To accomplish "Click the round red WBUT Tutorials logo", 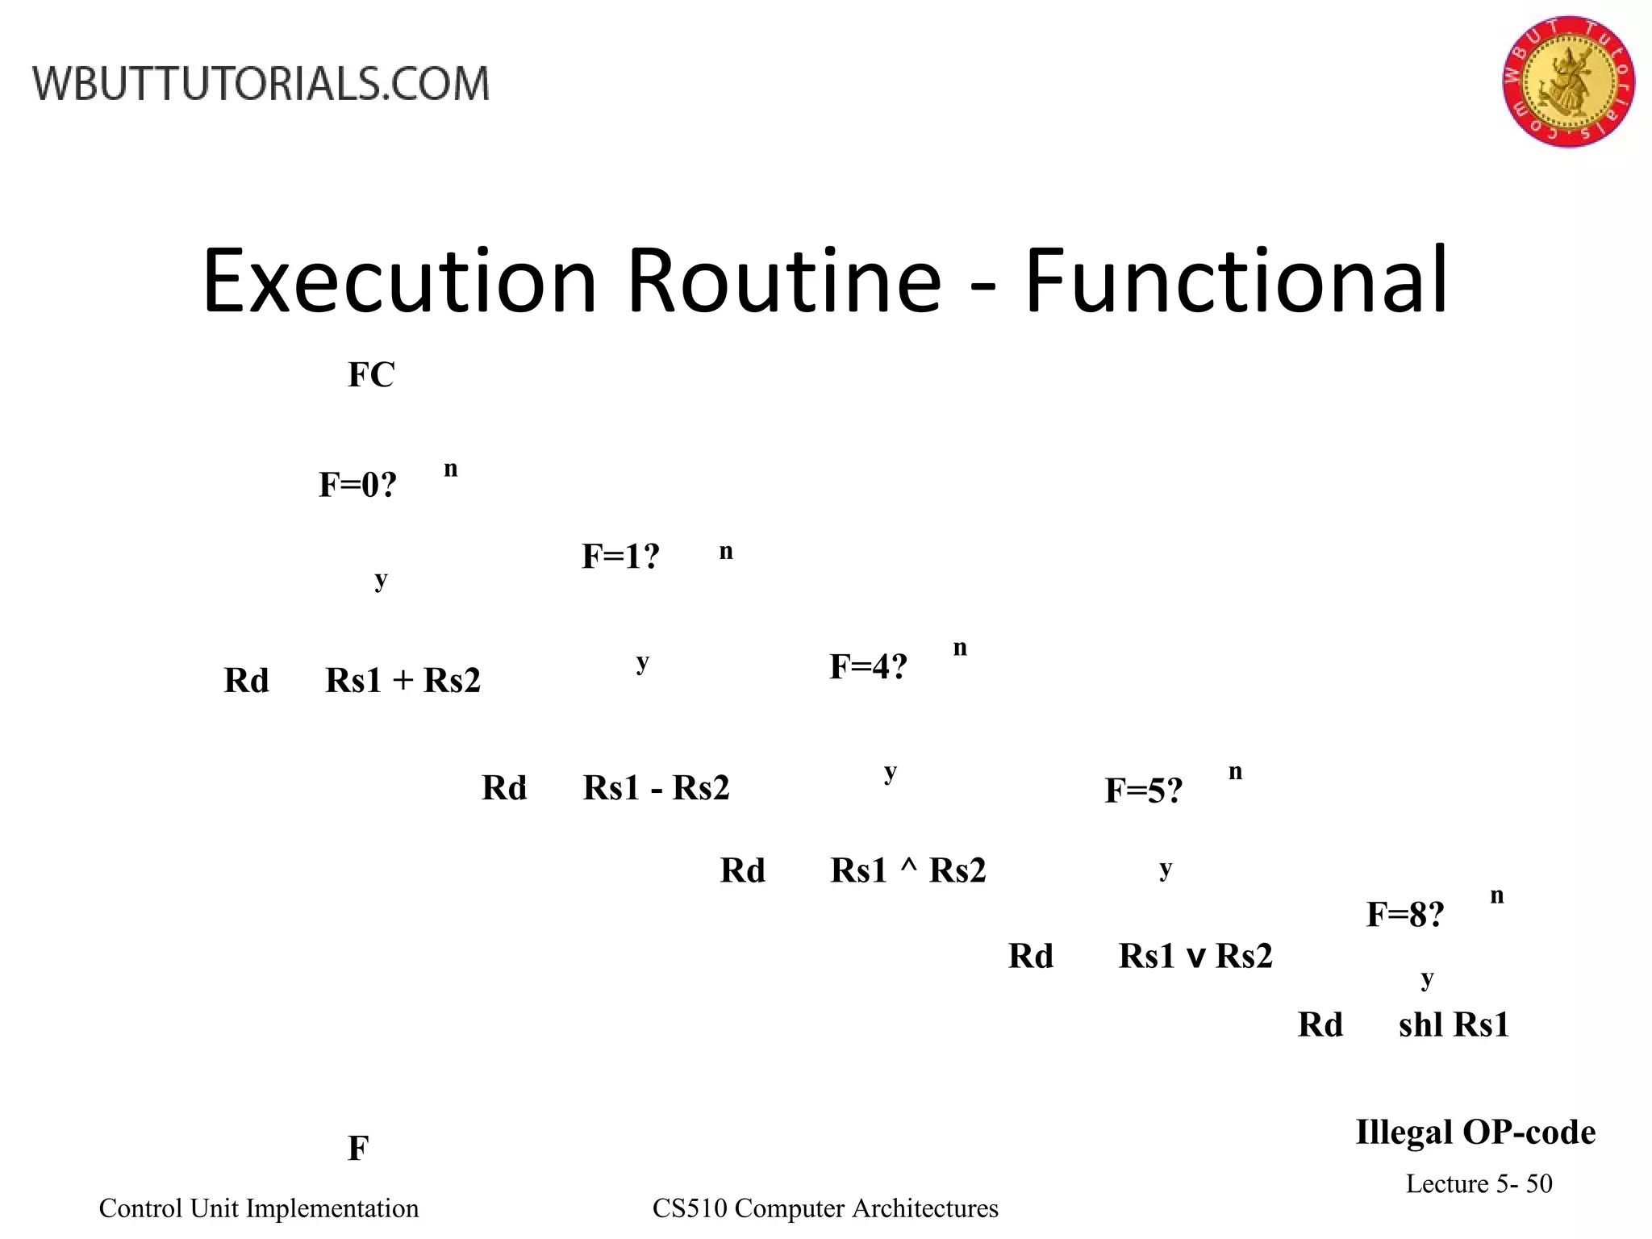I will pyautogui.click(x=1568, y=81).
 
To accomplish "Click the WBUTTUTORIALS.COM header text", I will pyautogui.click(x=261, y=84).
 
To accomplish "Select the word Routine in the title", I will pyautogui.click(x=784, y=281).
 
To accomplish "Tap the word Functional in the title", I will pyautogui.click(x=1236, y=281).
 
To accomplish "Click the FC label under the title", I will pyautogui.click(x=371, y=375).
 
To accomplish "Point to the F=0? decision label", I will pyautogui.click(x=358, y=485).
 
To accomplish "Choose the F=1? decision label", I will pyautogui.click(x=620, y=557).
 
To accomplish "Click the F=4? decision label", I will pyautogui.click(x=868, y=667).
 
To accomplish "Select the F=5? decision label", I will pyautogui.click(x=1143, y=791).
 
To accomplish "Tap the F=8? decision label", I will pyautogui.click(x=1404, y=915).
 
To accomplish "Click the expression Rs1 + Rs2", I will pyautogui.click(x=403, y=681).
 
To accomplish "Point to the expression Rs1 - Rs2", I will pyautogui.click(x=656, y=788).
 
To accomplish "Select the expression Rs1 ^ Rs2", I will pyautogui.click(x=908, y=871).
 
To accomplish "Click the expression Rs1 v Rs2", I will pyautogui.click(x=1195, y=957).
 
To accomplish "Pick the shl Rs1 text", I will pyautogui.click(x=1454, y=1025).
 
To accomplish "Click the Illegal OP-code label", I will pyautogui.click(x=1475, y=1133).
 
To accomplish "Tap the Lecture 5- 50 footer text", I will pyautogui.click(x=1479, y=1183).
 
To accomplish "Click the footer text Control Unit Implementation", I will pyautogui.click(x=259, y=1208).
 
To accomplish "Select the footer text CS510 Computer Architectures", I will pyautogui.click(x=825, y=1208).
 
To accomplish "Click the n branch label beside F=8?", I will pyautogui.click(x=1497, y=896).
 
